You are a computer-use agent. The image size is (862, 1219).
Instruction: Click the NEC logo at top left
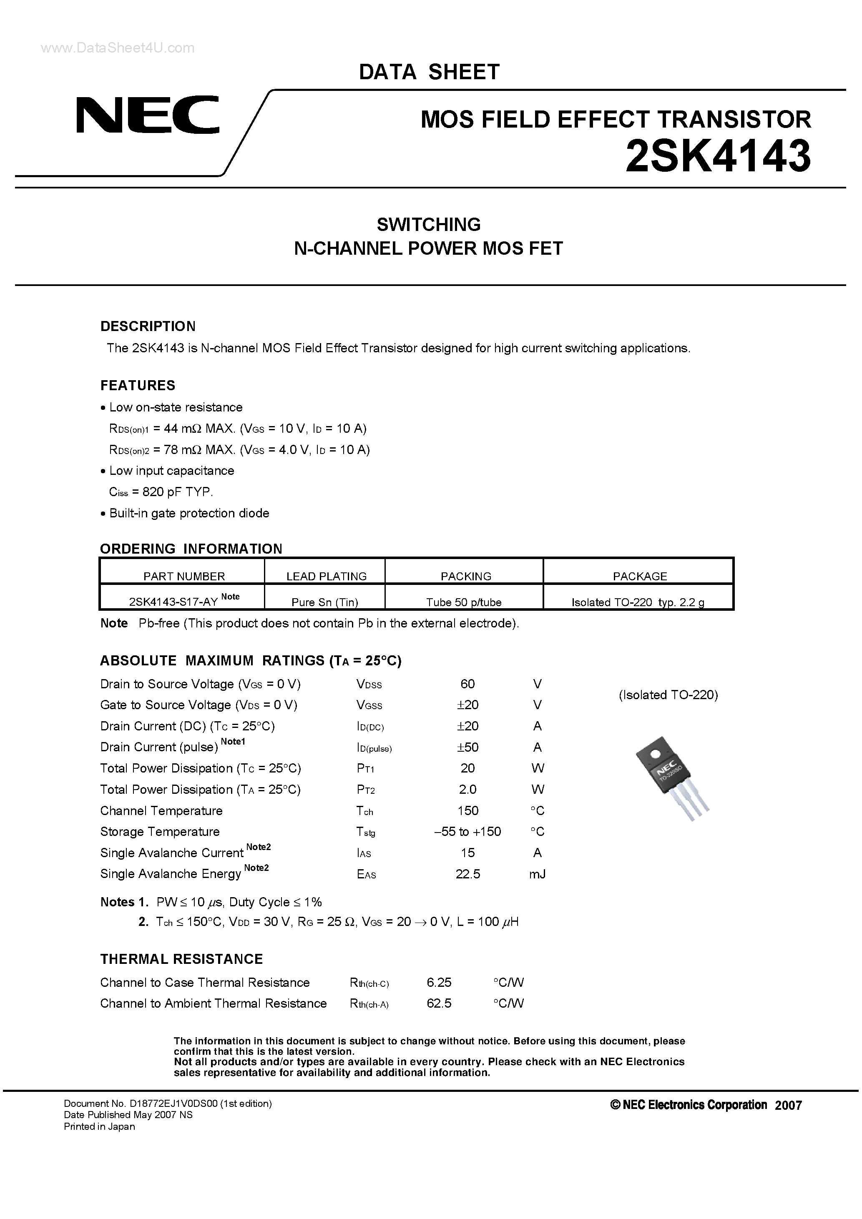[x=148, y=115]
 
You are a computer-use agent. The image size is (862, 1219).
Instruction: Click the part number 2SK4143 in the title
[x=718, y=157]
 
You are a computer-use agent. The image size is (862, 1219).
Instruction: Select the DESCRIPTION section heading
[x=148, y=326]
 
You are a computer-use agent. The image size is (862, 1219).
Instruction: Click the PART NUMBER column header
[x=184, y=576]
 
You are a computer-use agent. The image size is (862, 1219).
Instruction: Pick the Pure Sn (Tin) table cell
[x=324, y=602]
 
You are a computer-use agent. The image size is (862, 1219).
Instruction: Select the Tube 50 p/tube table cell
[x=464, y=602]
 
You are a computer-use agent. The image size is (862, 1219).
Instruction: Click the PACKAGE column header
[x=639, y=576]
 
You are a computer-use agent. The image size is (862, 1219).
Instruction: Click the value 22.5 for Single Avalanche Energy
[x=467, y=874]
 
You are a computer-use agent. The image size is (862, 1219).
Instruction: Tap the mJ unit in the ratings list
[x=538, y=874]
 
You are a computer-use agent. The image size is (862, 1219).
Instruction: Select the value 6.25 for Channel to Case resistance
[x=439, y=982]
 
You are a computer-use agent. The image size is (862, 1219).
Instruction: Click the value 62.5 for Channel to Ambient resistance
[x=439, y=1003]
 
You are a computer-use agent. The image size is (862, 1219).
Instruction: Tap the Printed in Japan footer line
[x=99, y=1126]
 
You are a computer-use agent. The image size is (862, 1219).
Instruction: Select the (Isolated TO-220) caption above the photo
[x=668, y=695]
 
